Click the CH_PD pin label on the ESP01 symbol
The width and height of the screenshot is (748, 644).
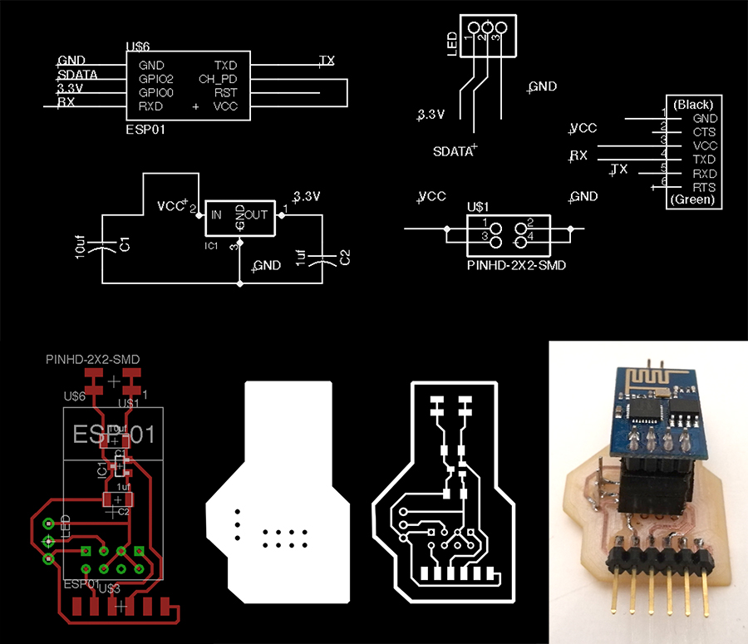pyautogui.click(x=219, y=79)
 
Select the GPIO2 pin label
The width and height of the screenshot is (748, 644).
pyautogui.click(x=155, y=79)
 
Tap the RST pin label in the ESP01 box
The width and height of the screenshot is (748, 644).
pyautogui.click(x=225, y=93)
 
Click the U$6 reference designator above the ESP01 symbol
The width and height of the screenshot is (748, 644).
pyautogui.click(x=137, y=49)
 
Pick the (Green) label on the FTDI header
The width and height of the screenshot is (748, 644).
pyautogui.click(x=693, y=200)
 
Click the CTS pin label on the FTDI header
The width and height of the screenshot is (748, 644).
pyautogui.click(x=704, y=132)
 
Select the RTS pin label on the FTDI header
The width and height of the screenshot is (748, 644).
pyautogui.click(x=704, y=187)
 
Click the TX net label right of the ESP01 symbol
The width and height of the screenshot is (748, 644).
pyautogui.click(x=327, y=61)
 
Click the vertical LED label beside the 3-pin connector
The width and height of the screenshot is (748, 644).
pyautogui.click(x=452, y=45)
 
